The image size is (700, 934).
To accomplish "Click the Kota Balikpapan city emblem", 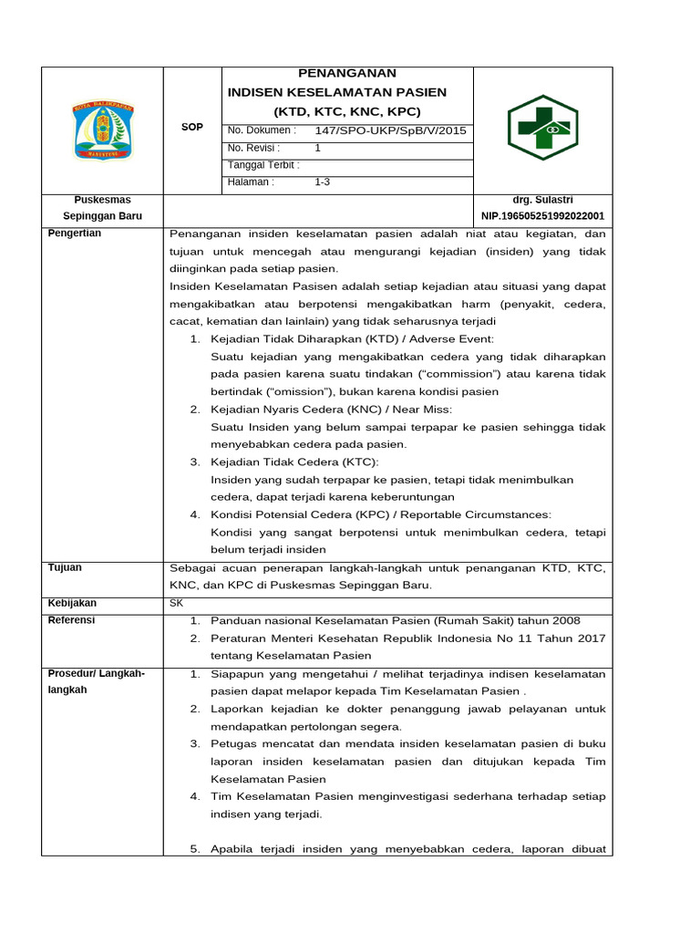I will pyautogui.click(x=102, y=130).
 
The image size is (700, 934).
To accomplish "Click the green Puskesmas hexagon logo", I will pyautogui.click(x=542, y=128).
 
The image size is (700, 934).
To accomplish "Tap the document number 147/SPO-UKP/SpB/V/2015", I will pyautogui.click(x=390, y=130).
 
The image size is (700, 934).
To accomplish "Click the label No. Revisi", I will pyautogui.click(x=254, y=148).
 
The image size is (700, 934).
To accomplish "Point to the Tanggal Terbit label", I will pyautogui.click(x=263, y=165).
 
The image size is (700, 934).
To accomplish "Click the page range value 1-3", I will pyautogui.click(x=322, y=182).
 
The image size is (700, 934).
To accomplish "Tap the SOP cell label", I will pyautogui.click(x=192, y=127).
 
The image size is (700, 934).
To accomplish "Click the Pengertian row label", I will pyautogui.click(x=75, y=233).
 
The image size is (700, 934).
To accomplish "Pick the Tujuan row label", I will pyautogui.click(x=65, y=567).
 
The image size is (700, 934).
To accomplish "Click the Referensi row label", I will pyautogui.click(x=72, y=620).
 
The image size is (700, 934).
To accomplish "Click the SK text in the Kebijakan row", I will pyautogui.click(x=177, y=603).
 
